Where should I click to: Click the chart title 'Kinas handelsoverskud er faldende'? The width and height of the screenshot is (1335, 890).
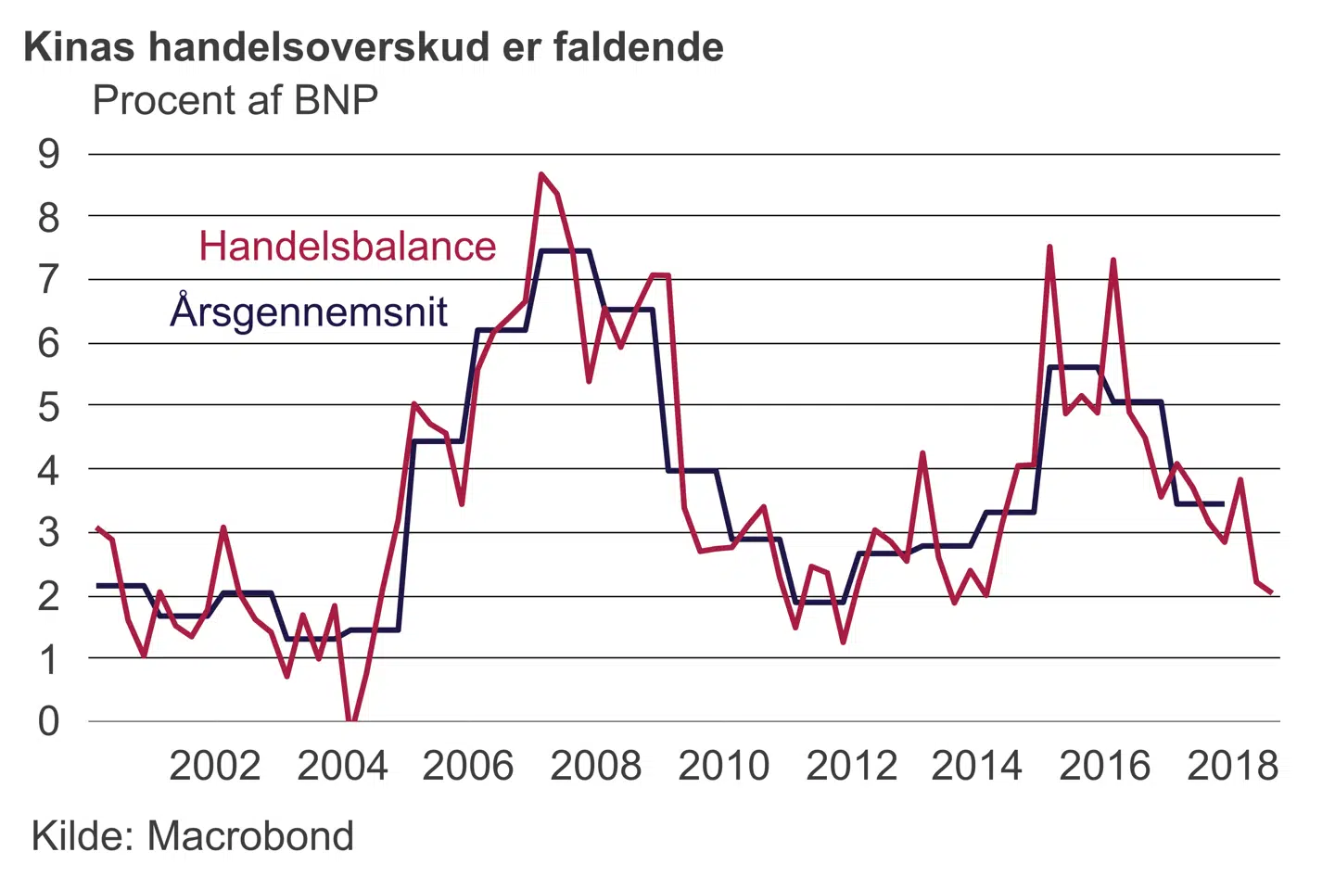point(373,47)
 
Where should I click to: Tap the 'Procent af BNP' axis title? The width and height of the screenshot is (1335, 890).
point(235,101)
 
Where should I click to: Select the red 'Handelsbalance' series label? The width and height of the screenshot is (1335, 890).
point(348,247)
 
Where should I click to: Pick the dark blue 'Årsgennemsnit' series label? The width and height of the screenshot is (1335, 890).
point(309,311)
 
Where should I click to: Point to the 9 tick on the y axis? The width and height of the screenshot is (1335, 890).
point(48,154)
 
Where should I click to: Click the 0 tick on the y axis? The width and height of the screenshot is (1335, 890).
point(48,721)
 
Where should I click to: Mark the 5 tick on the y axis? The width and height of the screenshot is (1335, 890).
point(48,406)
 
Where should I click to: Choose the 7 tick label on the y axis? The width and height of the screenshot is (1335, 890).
point(48,279)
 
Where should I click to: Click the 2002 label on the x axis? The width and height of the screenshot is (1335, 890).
point(214,767)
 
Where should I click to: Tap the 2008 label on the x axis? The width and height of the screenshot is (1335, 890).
point(595,767)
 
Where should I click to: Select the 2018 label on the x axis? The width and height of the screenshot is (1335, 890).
point(1232,767)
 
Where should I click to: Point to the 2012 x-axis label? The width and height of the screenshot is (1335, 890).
point(851,767)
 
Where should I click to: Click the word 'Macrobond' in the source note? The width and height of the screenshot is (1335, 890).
point(250,836)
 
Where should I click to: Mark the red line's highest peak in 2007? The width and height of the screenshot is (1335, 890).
point(541,174)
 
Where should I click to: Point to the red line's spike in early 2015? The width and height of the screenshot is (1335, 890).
point(1049,248)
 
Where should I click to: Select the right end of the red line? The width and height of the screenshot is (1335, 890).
point(1271,592)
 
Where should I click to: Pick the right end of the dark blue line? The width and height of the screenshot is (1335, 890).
point(1224,503)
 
